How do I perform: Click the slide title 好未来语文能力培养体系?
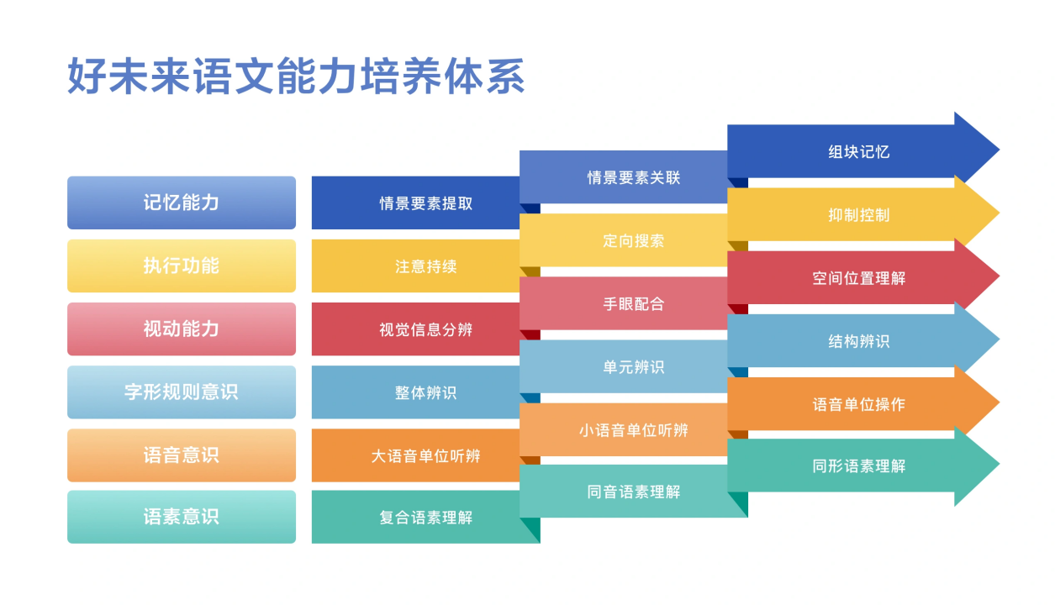pos(296,76)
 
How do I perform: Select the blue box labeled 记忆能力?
pos(182,203)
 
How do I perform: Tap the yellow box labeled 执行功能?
pos(182,266)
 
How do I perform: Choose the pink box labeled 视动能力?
pos(182,329)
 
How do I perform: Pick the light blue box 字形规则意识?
pos(182,392)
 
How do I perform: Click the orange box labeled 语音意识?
pos(182,455)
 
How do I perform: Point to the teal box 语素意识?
pos(182,516)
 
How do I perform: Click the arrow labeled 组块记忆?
pos(857,152)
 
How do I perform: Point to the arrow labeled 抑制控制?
pos(857,214)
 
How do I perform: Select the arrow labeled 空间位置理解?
pos(857,277)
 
